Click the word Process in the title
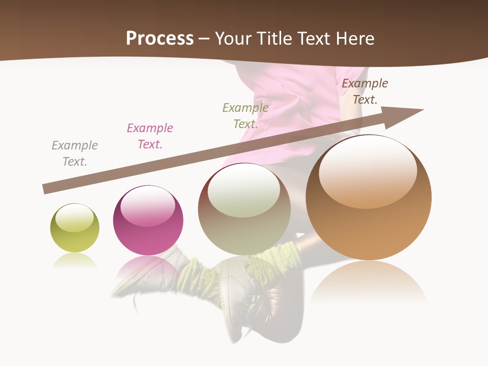click(160, 39)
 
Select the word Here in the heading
click(354, 39)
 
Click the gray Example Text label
click(75, 154)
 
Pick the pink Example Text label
click(150, 136)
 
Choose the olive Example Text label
click(246, 116)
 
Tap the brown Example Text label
click(365, 91)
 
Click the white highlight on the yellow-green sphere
click(75, 218)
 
